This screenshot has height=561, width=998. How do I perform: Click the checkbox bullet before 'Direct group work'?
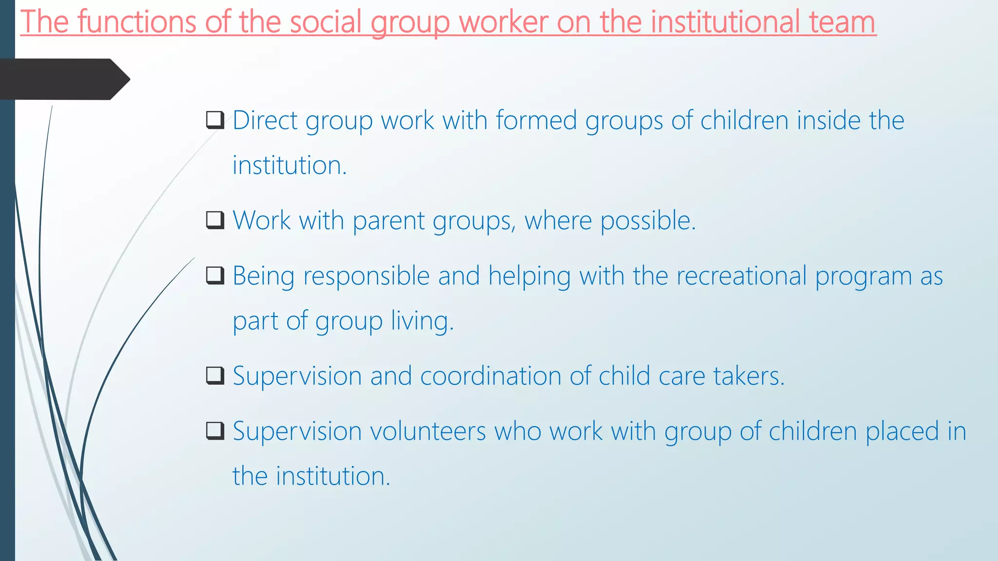pos(215,120)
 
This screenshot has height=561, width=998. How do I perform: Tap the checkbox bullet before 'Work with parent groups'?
pos(215,220)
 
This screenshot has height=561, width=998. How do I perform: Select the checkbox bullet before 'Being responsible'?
pos(215,276)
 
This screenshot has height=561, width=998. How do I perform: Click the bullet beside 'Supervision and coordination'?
pos(215,375)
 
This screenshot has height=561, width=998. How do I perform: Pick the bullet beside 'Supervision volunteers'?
pos(215,431)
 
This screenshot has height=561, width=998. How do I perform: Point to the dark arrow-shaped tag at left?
pos(63,79)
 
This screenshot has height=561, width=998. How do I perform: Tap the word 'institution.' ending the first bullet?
pos(289,165)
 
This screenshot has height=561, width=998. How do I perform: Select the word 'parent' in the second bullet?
pos(388,221)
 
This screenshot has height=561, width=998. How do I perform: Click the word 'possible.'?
pos(648,221)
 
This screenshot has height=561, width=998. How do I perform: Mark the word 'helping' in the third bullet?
pos(529,276)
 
